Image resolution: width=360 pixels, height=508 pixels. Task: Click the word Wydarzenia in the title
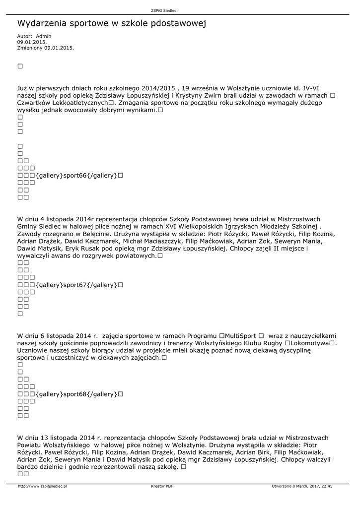coord(42,23)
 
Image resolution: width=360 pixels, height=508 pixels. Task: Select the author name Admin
coord(44,36)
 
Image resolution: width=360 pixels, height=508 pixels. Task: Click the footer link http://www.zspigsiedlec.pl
coord(42,486)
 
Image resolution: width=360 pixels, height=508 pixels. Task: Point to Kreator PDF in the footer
coord(162,486)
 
